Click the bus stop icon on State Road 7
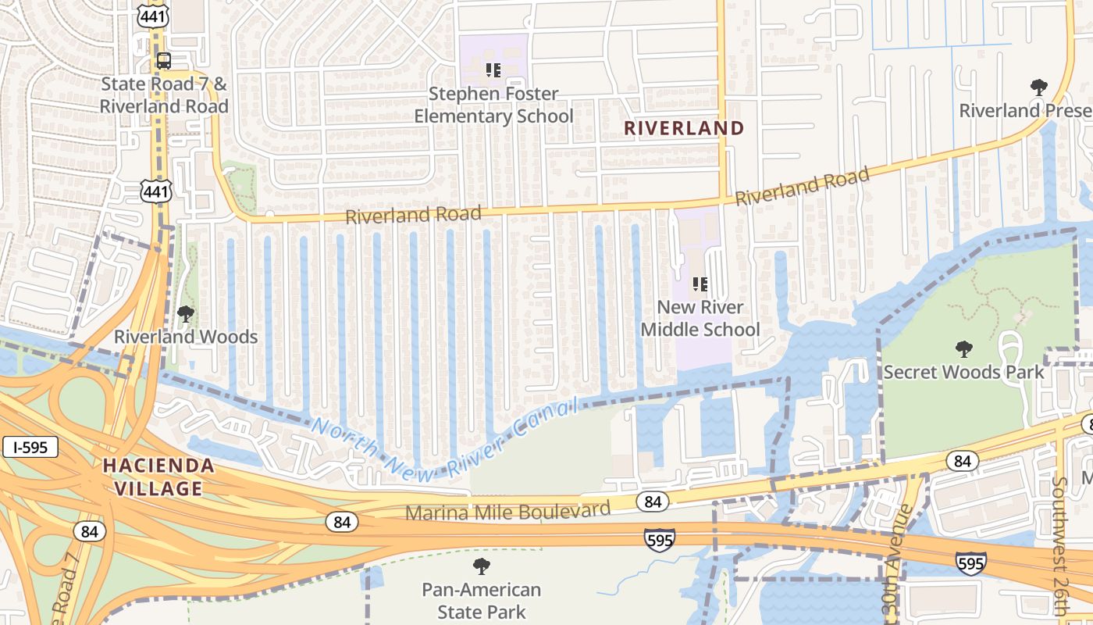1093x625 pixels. tap(164, 60)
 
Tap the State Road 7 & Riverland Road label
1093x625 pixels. tap(164, 95)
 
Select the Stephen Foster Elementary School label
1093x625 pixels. tap(493, 105)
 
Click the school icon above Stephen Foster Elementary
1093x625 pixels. tap(493, 70)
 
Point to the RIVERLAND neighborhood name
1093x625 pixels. tap(684, 128)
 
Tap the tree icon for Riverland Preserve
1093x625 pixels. tap(1038, 87)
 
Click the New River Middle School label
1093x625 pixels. tap(700, 318)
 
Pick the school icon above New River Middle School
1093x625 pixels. tap(700, 284)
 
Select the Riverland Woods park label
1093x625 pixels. tap(186, 337)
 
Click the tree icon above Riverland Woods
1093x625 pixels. tap(186, 314)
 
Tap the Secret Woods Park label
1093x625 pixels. tap(963, 372)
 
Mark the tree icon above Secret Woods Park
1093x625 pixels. tap(964, 348)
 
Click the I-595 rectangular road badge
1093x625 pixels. tap(30, 448)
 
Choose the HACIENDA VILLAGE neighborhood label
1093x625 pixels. tap(158, 477)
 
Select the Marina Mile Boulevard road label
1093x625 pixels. tap(507, 512)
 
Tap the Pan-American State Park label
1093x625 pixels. tap(482, 600)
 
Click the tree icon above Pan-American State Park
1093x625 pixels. tap(482, 566)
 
